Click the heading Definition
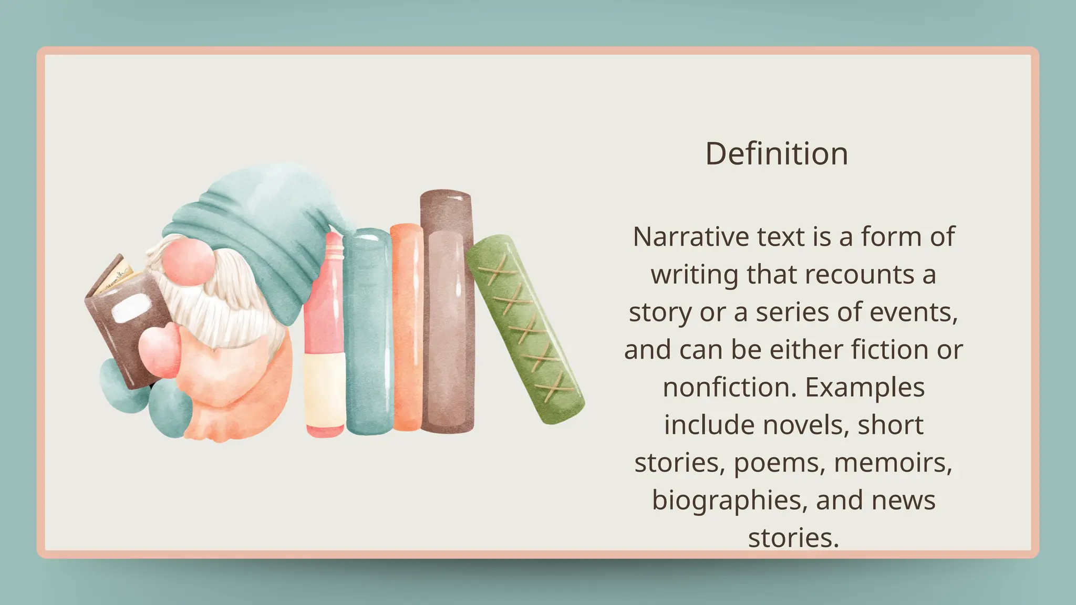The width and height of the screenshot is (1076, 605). click(777, 154)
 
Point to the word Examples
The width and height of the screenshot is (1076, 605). click(865, 388)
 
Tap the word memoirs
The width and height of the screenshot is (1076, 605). click(893, 463)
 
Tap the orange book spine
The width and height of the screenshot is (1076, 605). click(407, 328)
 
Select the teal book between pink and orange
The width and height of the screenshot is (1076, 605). click(368, 331)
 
